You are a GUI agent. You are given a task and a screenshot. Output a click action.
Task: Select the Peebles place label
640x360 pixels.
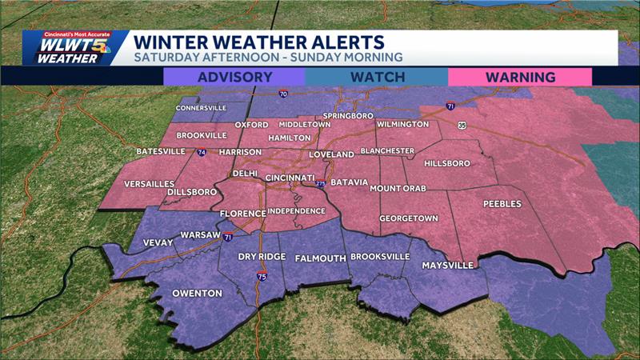[502, 204]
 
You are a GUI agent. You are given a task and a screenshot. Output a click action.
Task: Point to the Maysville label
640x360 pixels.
[448, 265]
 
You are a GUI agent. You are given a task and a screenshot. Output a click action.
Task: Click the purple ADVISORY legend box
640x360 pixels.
[234, 77]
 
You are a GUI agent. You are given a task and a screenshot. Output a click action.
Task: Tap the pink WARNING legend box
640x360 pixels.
[519, 77]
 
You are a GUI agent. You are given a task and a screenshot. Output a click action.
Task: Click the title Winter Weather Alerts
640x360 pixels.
[258, 41]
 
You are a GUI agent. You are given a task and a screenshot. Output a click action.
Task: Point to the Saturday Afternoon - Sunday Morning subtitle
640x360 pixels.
[268, 58]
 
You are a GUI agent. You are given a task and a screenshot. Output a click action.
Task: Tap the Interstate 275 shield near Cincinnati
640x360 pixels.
[321, 184]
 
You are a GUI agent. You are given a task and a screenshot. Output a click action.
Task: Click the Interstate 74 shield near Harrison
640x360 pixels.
[202, 152]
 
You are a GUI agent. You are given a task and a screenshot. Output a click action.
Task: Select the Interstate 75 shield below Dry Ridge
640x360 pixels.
[262, 277]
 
